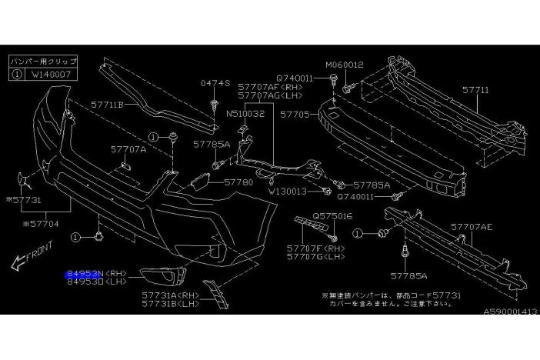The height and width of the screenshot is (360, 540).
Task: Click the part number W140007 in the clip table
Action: (52, 76)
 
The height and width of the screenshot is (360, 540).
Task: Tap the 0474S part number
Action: (211, 82)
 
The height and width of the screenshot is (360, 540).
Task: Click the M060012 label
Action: (344, 65)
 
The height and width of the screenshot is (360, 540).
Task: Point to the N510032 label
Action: (245, 113)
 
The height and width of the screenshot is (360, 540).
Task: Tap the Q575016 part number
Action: (332, 216)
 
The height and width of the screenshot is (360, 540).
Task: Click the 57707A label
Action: (128, 150)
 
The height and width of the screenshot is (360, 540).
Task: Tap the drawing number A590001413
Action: (509, 312)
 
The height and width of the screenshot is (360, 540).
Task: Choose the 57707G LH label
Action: (317, 258)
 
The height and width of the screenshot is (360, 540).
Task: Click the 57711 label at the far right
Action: (475, 90)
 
